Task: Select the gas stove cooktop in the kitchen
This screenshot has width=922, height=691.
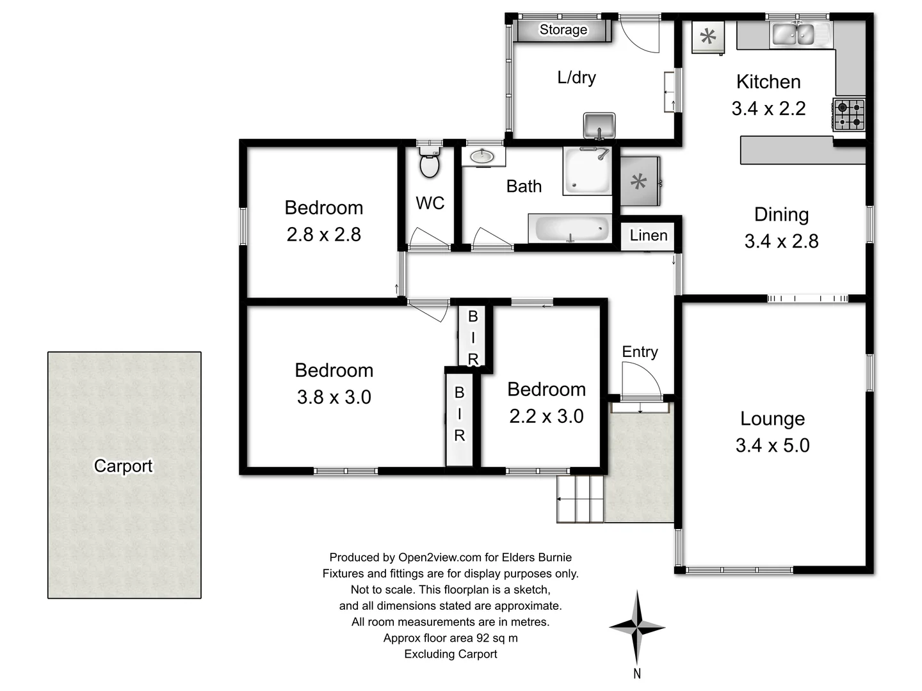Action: (x=849, y=115)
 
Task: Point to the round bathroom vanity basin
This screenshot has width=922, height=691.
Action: (x=481, y=156)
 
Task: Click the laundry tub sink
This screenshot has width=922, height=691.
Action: (x=599, y=124)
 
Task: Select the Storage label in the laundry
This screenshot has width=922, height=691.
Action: (x=563, y=29)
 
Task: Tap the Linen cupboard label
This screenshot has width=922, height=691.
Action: (x=648, y=235)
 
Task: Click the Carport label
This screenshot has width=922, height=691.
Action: (x=123, y=466)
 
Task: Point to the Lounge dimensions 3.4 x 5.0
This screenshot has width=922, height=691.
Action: (x=772, y=445)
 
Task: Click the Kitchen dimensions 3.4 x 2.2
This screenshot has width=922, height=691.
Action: (x=768, y=109)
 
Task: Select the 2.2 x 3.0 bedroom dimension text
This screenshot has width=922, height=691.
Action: (x=546, y=417)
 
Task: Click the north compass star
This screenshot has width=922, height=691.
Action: (x=636, y=628)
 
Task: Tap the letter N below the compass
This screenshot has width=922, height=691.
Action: (x=636, y=673)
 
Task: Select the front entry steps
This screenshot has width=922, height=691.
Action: (x=580, y=499)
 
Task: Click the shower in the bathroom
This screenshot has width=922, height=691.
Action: (x=587, y=171)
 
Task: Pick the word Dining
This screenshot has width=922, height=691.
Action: (x=781, y=214)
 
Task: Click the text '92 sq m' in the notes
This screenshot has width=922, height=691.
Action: (x=497, y=638)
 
